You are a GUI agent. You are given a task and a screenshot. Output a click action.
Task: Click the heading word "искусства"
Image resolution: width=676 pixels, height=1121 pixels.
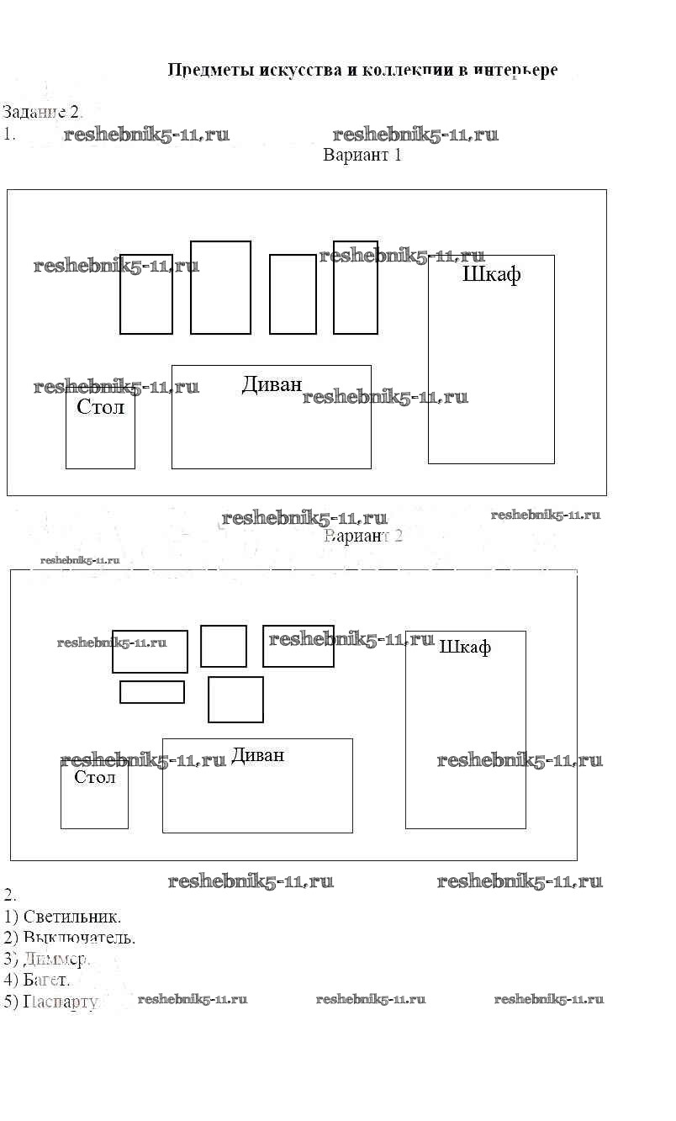click(295, 70)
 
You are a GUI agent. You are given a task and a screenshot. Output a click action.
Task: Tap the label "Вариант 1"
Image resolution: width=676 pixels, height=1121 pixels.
click(362, 156)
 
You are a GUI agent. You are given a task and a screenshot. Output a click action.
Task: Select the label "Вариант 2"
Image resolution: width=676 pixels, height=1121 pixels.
click(363, 536)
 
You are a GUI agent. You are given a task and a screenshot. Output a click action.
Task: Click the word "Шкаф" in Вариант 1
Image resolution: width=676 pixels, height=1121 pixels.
click(492, 275)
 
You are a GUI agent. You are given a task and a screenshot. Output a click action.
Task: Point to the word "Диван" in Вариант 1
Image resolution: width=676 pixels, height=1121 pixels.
click(272, 384)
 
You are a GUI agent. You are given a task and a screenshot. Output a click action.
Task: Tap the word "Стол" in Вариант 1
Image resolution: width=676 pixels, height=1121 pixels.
click(100, 407)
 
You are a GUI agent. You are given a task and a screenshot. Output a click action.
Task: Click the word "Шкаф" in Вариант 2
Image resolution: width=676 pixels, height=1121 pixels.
click(465, 647)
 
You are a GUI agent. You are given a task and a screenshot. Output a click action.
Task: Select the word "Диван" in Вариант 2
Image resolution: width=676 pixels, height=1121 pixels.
click(257, 755)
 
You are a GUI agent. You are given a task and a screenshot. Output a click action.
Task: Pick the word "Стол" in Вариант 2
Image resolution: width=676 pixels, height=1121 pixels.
click(94, 777)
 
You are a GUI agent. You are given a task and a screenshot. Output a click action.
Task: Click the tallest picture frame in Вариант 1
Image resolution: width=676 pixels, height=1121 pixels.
click(220, 288)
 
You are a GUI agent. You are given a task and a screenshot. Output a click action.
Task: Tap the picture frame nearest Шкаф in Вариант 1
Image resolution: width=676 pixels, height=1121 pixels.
click(355, 288)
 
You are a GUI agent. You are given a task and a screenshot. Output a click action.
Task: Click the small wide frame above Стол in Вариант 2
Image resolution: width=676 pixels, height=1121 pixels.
click(151, 692)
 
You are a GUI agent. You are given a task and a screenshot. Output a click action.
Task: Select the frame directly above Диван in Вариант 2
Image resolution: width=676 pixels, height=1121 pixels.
click(235, 700)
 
